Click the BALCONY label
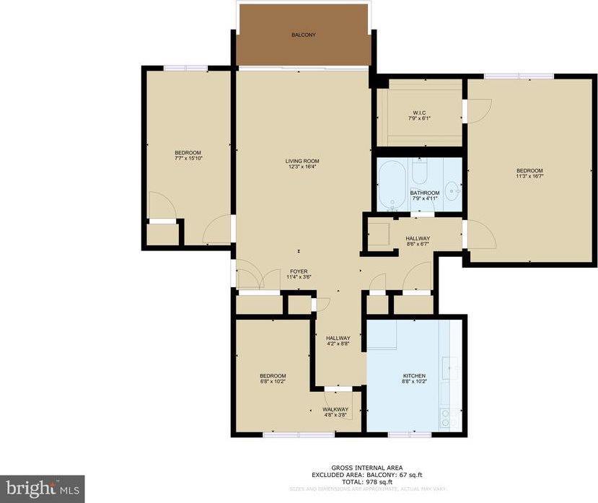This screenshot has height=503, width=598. (x=303, y=35)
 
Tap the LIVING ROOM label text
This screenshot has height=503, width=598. (x=302, y=161)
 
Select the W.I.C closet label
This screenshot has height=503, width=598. (x=419, y=113)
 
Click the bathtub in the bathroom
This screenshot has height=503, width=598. (x=392, y=183)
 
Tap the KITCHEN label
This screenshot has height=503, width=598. (x=414, y=376)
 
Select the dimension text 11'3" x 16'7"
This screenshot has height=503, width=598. (x=530, y=175)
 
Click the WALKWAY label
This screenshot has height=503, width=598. (x=335, y=409)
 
